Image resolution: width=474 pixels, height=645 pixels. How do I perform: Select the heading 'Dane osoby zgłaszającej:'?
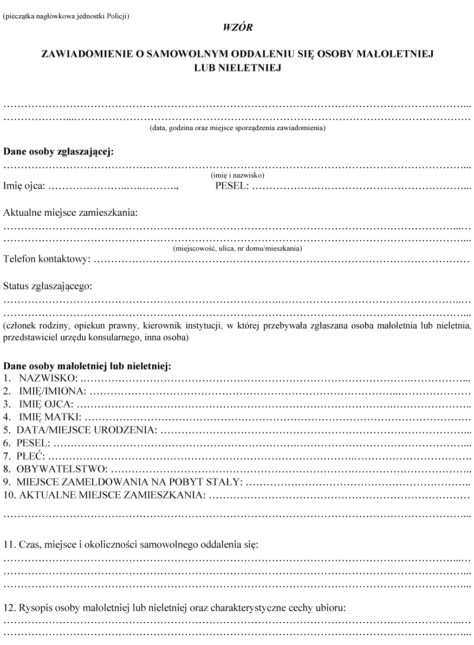coord(59,152)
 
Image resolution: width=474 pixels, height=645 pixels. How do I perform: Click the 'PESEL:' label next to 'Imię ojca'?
coord(232,187)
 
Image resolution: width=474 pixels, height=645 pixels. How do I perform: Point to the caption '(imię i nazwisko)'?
coord(237,176)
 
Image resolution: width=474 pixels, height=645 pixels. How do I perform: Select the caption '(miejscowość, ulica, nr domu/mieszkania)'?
coord(237,249)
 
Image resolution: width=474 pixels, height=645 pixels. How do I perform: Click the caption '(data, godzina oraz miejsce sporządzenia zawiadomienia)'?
coord(237,128)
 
